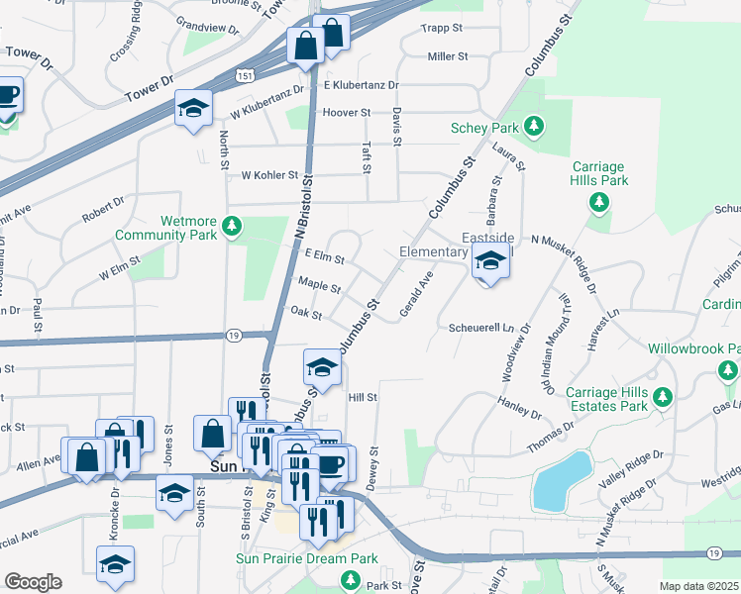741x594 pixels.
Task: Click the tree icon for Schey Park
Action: [534, 126]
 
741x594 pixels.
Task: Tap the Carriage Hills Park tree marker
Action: [598, 202]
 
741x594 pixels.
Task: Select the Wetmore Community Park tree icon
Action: [232, 226]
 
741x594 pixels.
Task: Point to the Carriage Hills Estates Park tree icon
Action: [663, 398]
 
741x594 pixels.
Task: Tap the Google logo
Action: [33, 581]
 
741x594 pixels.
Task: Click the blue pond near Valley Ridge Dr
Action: [561, 480]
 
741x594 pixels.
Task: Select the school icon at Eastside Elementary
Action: [487, 262]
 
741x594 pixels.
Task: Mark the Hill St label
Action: [364, 397]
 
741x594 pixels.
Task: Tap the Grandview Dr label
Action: [207, 25]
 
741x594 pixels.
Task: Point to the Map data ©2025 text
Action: [698, 586]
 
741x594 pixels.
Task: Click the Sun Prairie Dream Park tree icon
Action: [349, 579]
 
